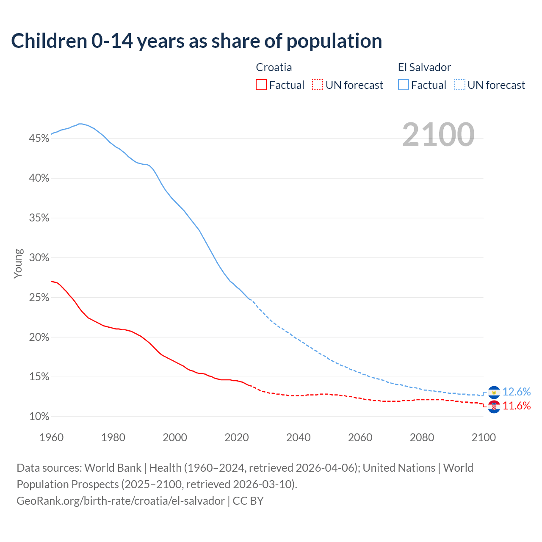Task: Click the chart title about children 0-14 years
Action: click(x=196, y=41)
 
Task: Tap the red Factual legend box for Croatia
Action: click(x=261, y=85)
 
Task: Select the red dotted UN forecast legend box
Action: click(x=318, y=85)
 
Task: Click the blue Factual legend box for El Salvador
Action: click(x=404, y=85)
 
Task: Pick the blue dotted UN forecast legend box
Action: click(x=460, y=85)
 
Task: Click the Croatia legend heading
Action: click(x=274, y=67)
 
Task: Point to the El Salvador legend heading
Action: click(x=424, y=67)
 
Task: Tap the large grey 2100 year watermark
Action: click(x=438, y=135)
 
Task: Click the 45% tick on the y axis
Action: click(x=39, y=138)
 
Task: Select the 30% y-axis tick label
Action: click(x=39, y=258)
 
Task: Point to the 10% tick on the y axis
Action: click(x=39, y=417)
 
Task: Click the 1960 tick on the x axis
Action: click(x=51, y=437)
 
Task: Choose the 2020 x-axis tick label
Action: click(x=237, y=437)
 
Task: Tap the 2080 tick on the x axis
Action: click(x=422, y=437)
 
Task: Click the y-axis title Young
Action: click(x=18, y=263)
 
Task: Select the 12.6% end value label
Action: click(x=517, y=392)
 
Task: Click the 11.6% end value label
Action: click(x=517, y=406)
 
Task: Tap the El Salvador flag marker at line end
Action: click(x=494, y=393)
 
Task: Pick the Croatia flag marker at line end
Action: click(x=494, y=407)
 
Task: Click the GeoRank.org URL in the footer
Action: click(x=121, y=501)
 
